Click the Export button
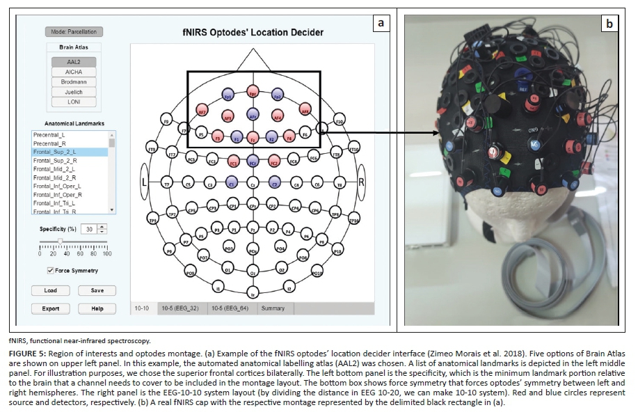click(x=51, y=308)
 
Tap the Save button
click(x=97, y=290)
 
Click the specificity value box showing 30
click(x=88, y=229)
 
